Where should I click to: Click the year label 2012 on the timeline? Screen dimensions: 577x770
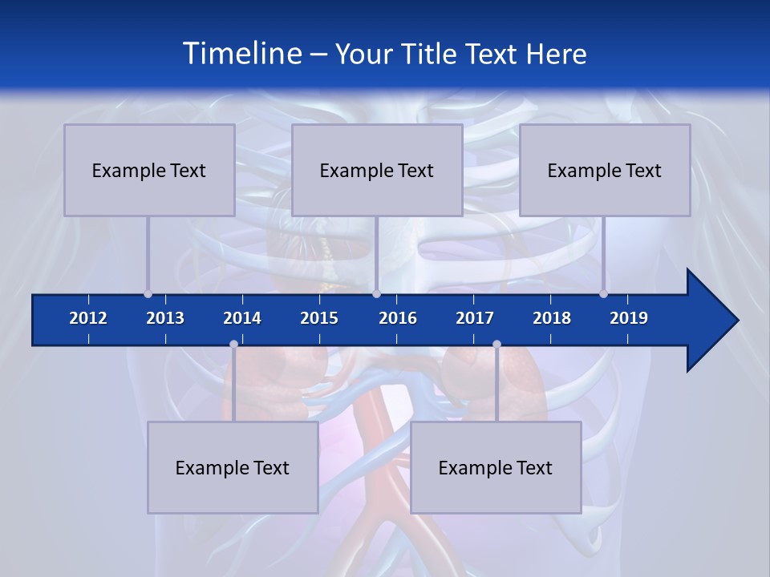[88, 318]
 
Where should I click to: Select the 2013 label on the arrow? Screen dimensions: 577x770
[165, 318]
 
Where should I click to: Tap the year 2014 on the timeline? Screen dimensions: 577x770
[242, 318]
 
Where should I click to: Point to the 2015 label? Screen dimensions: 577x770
[319, 318]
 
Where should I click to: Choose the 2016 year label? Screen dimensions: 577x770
[398, 318]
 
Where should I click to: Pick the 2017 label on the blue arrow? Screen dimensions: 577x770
[475, 318]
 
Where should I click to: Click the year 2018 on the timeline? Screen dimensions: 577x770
[552, 318]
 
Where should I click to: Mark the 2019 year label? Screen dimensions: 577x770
[629, 318]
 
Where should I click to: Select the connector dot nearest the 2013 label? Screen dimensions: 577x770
[148, 293]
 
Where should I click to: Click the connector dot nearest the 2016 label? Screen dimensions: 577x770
[376, 293]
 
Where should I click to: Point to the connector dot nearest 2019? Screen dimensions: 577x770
[603, 293]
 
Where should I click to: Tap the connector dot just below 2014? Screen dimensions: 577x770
[233, 344]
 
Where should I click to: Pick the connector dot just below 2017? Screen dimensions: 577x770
[496, 344]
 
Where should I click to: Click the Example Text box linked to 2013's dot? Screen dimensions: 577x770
[149, 170]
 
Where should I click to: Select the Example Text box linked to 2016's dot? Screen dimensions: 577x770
[377, 170]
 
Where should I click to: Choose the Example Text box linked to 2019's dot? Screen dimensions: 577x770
[605, 170]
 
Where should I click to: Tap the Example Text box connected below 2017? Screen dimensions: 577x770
[496, 467]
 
